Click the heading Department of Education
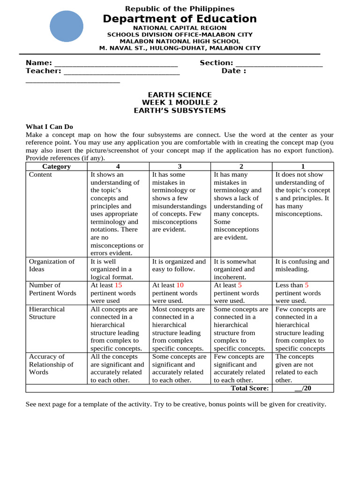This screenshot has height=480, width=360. pos(180,19)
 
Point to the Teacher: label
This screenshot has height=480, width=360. pos(43,71)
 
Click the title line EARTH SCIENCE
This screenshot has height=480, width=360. pos(180,95)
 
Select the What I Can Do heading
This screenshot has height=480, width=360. pos(49,127)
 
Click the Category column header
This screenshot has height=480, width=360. pos(56,166)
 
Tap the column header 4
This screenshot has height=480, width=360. pos(118,166)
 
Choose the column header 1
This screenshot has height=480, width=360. pos(303,166)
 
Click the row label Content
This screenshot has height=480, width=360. pos(41,174)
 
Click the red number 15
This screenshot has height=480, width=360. pos(118,285)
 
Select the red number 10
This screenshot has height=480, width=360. pos(180,285)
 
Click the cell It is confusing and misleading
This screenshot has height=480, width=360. pos(302,265)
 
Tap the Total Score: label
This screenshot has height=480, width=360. pos(250,388)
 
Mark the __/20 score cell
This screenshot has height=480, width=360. pos(303,388)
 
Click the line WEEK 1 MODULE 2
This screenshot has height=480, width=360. pos(180,103)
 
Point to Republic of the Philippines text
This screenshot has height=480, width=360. pos(180,9)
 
